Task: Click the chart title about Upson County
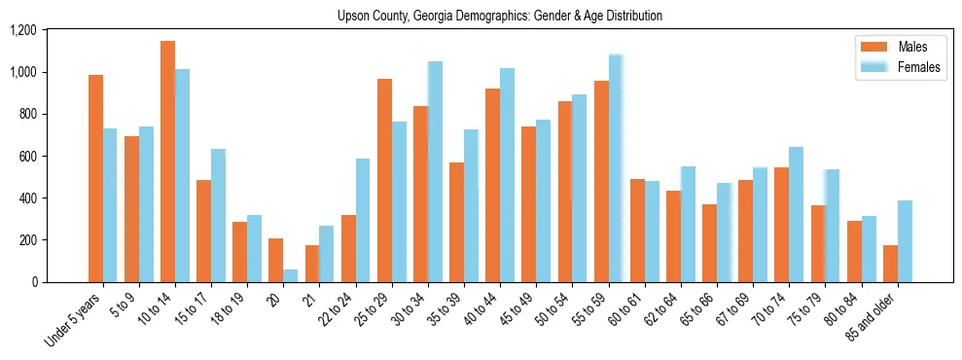coord(499,17)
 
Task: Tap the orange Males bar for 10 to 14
coord(167,162)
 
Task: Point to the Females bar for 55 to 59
coord(616,168)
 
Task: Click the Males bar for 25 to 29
coord(384,180)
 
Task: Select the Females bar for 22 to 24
coord(363,220)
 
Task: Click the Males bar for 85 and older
coord(890,264)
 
